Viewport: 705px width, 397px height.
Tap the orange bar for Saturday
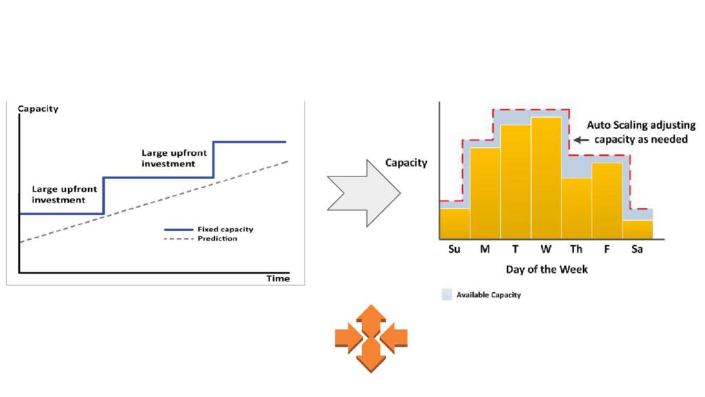[x=638, y=229]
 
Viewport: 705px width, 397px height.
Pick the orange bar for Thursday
[x=576, y=207]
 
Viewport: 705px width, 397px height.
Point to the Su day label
[x=454, y=250]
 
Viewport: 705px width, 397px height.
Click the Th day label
[x=576, y=250]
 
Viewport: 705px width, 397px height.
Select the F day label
[x=607, y=250]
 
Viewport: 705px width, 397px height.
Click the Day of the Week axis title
[x=547, y=269]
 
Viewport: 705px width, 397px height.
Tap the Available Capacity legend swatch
[x=447, y=295]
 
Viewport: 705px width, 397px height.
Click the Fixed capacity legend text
[x=224, y=230]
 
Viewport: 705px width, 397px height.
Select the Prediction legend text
[x=218, y=238]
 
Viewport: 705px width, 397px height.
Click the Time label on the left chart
[x=278, y=278]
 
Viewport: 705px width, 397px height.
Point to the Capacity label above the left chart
[x=38, y=108]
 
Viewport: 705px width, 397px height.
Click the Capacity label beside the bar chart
[x=406, y=163]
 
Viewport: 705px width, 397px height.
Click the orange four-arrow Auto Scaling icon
[x=371, y=338]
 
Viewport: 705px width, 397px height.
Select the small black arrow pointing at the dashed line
[x=581, y=140]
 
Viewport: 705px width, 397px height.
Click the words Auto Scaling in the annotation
[x=615, y=125]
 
